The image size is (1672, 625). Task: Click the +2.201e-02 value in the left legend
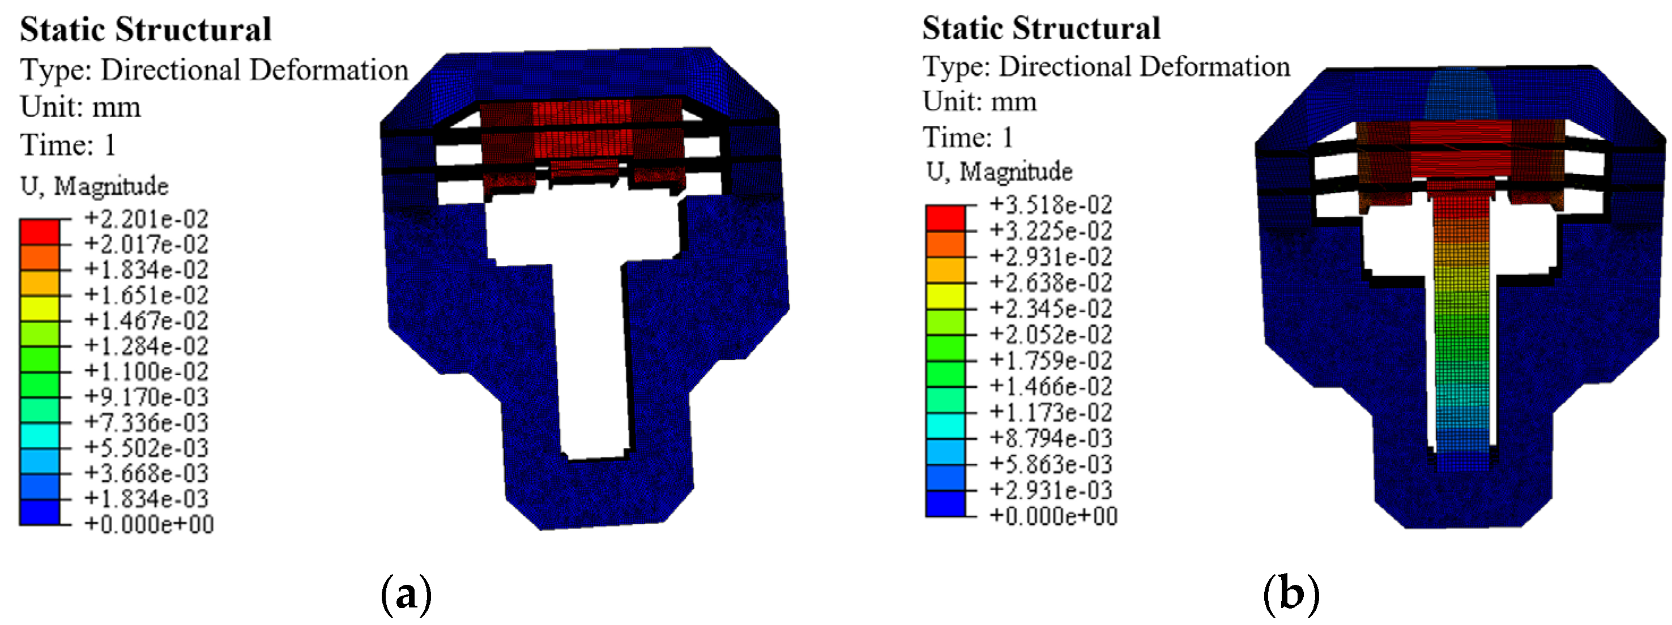[146, 219]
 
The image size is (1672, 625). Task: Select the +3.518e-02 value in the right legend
[1051, 205]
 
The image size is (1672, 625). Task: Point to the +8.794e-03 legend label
[1051, 439]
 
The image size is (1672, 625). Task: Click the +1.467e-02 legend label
[146, 320]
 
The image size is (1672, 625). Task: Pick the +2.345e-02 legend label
[1051, 309]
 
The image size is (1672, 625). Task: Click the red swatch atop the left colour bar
[40, 232]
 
